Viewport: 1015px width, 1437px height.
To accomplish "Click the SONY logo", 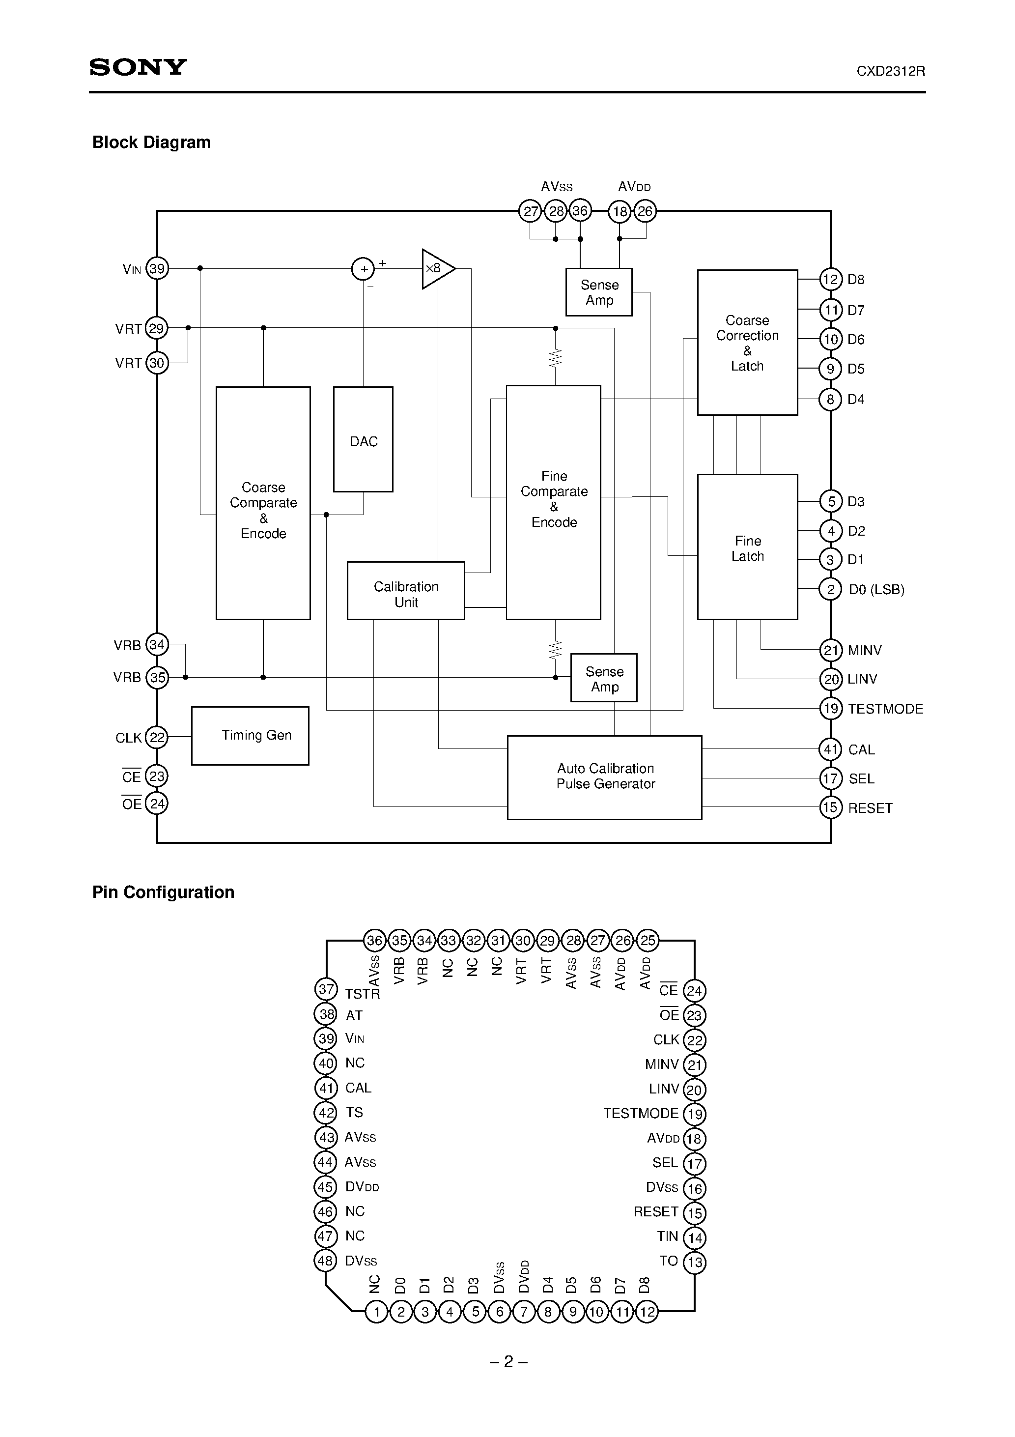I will pyautogui.click(x=138, y=67).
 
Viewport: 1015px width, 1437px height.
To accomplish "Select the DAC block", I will pyautogui.click(x=363, y=439).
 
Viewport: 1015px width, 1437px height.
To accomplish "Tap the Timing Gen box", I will pyautogui.click(x=250, y=735).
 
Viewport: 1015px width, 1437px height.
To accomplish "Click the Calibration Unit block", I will pyautogui.click(x=405, y=591).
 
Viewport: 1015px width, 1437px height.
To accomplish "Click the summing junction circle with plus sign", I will pyautogui.click(x=363, y=269).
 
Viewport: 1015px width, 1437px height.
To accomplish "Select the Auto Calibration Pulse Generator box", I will pyautogui.click(x=604, y=776).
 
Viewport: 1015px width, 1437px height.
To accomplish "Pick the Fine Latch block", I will pyautogui.click(x=747, y=547).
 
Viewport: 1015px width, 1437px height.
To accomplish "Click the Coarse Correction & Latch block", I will pyautogui.click(x=747, y=343).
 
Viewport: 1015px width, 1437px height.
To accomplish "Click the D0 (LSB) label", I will pyautogui.click(x=876, y=590).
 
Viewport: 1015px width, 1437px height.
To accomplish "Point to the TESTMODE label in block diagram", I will pyautogui.click(x=885, y=709).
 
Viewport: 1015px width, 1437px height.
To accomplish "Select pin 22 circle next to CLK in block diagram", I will pyautogui.click(x=156, y=737).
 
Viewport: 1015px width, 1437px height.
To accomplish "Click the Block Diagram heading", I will pyautogui.click(x=151, y=142).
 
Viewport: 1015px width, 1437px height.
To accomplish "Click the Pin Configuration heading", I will pyautogui.click(x=163, y=892).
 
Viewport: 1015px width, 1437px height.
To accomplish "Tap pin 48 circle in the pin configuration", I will pyautogui.click(x=325, y=1261).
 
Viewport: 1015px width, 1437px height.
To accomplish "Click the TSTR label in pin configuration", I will pyautogui.click(x=362, y=994).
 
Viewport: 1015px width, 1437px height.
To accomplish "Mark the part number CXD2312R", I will pyautogui.click(x=891, y=71).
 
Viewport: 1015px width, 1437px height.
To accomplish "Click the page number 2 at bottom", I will pyautogui.click(x=508, y=1361).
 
